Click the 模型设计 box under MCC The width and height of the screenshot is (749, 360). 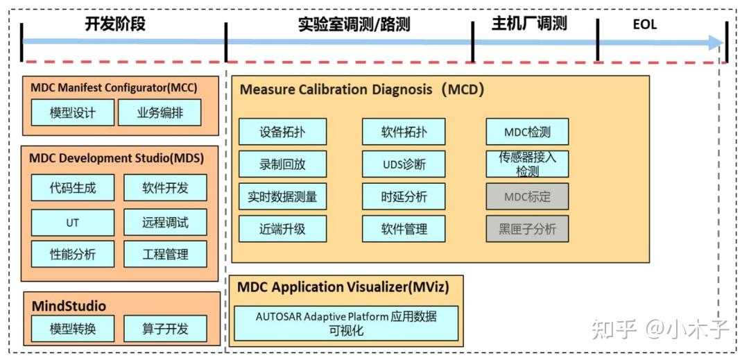(72, 112)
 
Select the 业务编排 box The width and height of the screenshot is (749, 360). (160, 112)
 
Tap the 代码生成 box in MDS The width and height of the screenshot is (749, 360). (72, 187)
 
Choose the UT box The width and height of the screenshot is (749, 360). (72, 223)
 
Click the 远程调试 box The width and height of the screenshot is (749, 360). (165, 223)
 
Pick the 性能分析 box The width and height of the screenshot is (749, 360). (72, 254)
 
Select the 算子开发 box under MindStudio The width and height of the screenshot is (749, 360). (165, 329)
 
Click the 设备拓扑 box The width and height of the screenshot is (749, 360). (282, 132)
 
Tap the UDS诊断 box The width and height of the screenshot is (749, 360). (404, 164)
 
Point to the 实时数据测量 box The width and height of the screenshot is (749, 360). (282, 196)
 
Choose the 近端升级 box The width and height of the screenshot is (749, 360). (282, 228)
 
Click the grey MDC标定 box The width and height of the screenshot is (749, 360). (527, 196)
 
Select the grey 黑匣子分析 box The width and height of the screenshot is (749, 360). (527, 228)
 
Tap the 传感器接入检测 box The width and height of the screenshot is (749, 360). (527, 164)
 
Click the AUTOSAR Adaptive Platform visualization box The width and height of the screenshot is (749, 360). (346, 323)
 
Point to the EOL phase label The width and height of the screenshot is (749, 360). (644, 25)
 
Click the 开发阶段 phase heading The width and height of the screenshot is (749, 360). (115, 24)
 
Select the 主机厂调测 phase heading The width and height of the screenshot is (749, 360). (529, 24)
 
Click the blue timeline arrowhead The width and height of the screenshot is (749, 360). (716, 42)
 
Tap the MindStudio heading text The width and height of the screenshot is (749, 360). (69, 305)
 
